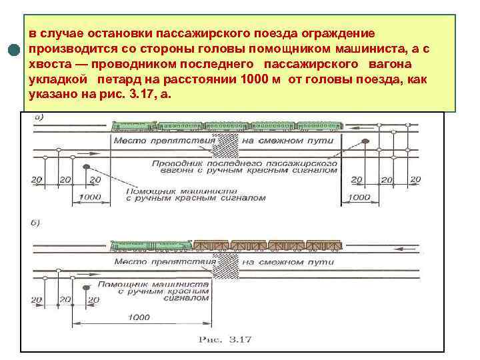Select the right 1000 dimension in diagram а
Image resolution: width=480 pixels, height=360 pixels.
359,198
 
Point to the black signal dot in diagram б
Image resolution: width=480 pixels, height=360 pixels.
86,287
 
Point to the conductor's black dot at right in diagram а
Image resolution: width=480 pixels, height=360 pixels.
365,141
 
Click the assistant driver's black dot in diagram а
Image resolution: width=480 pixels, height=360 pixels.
85,167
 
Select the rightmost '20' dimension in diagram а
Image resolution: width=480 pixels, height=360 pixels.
415,180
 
